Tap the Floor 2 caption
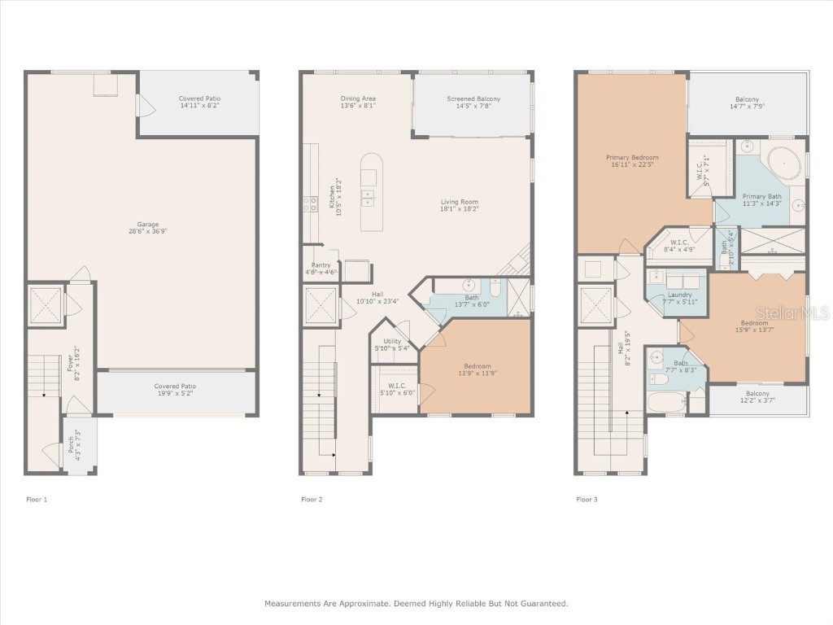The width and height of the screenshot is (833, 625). pyautogui.click(x=312, y=499)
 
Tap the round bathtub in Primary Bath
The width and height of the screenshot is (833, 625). pyautogui.click(x=784, y=164)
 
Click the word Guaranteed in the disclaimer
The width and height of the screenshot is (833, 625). pyautogui.click(x=541, y=604)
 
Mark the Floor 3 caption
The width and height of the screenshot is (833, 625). pyautogui.click(x=587, y=499)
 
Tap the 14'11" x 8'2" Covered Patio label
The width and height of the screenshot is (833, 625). pyautogui.click(x=198, y=102)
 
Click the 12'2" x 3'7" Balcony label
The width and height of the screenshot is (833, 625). pyautogui.click(x=757, y=397)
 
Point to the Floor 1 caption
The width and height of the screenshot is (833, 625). pyautogui.click(x=37, y=499)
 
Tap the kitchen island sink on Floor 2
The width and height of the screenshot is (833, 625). pyautogui.click(x=369, y=197)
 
